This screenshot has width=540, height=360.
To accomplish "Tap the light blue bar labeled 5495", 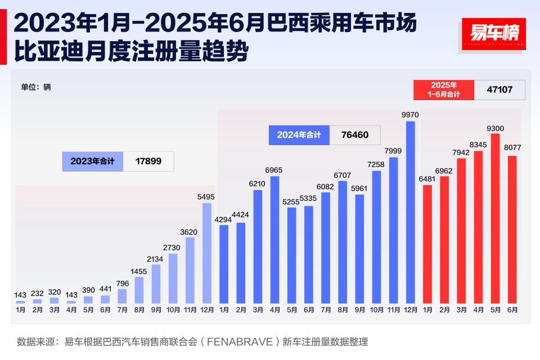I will click(206, 253).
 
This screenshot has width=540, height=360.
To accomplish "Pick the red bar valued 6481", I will click(427, 244).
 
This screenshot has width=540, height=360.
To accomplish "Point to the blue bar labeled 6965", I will click(274, 240).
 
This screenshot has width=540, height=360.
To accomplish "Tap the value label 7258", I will click(376, 165).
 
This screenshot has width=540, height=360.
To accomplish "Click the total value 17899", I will click(148, 161).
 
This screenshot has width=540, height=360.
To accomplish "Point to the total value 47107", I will click(499, 89).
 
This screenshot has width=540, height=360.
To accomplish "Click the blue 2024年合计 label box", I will click(299, 135).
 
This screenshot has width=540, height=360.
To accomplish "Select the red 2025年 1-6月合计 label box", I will click(444, 89).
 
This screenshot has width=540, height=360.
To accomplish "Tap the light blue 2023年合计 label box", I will click(92, 161).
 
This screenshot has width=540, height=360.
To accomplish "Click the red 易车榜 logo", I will click(493, 34).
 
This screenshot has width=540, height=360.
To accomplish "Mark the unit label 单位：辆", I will click(36, 87).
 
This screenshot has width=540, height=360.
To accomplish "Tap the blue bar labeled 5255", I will click(291, 255).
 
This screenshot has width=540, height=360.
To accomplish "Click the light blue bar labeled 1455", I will click(139, 290).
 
